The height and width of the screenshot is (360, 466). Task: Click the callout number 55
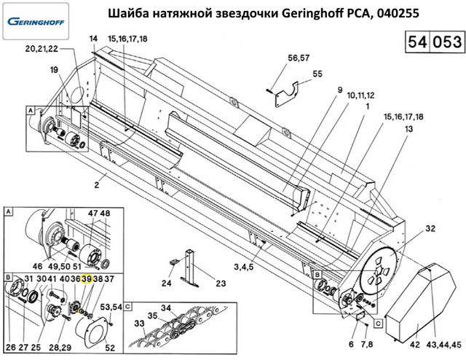317,74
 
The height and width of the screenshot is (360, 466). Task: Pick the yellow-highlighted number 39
87,279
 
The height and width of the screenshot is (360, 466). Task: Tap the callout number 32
430,229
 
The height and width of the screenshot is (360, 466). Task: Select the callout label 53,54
111,308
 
